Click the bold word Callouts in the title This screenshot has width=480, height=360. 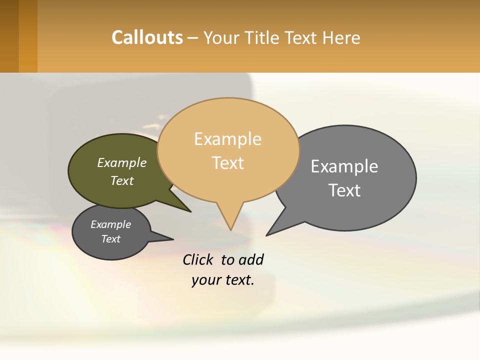click(x=147, y=37)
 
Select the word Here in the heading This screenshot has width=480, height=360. click(x=341, y=37)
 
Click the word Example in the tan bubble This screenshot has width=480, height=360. click(x=227, y=139)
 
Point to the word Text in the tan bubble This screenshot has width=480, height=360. click(x=227, y=162)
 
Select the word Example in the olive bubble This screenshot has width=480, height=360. click(x=122, y=162)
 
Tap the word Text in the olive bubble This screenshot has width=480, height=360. click(x=122, y=180)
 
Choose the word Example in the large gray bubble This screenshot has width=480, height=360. click(x=344, y=166)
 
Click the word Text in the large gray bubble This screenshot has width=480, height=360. click(x=344, y=190)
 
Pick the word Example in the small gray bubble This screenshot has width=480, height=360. click(x=110, y=224)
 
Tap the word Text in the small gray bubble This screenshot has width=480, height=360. click(x=110, y=239)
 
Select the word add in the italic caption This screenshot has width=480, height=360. click(x=251, y=259)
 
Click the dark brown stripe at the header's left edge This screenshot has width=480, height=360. click(x=9, y=36)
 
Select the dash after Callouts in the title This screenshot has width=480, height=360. click(x=193, y=38)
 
